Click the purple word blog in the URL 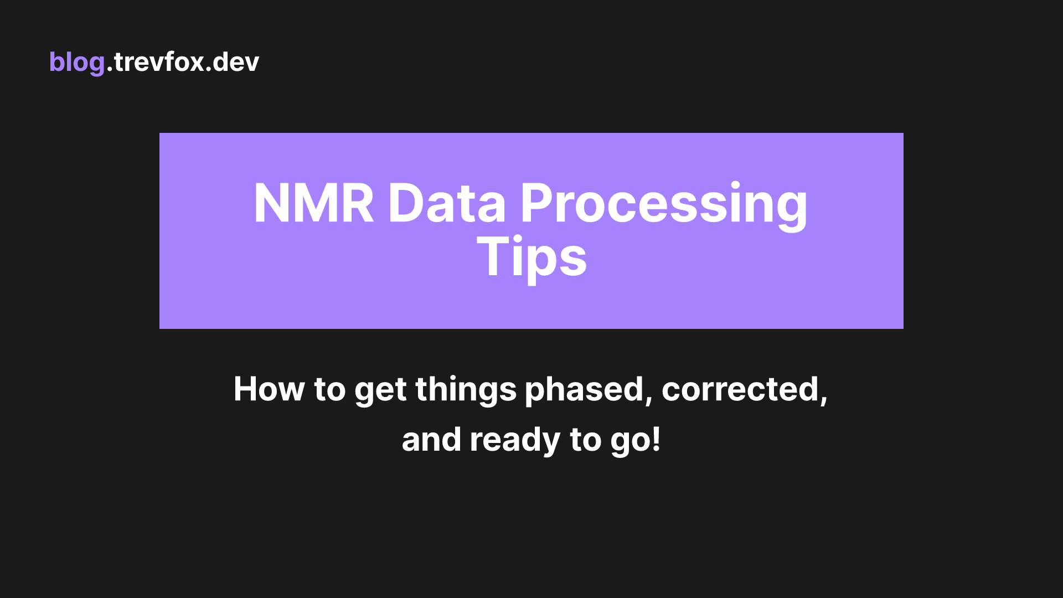(x=76, y=62)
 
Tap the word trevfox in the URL (x=159, y=62)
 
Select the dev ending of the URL (x=236, y=62)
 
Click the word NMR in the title (x=313, y=204)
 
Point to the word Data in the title (x=446, y=204)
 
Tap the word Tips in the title (x=531, y=257)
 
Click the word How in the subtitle (x=269, y=389)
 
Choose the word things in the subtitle (x=466, y=390)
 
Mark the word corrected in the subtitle (x=740, y=389)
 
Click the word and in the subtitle (x=431, y=440)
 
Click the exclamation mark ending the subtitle (x=657, y=439)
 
